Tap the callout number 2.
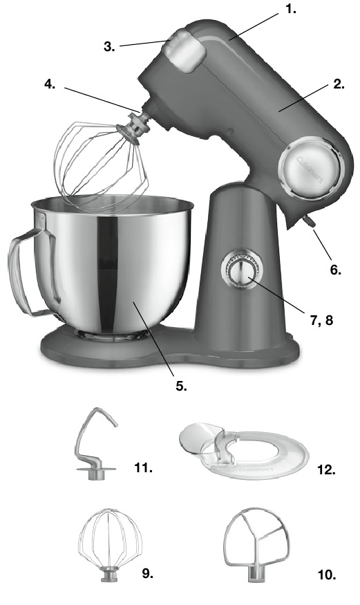(338, 84)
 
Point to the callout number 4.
(50, 84)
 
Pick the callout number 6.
(335, 270)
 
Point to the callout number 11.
(143, 468)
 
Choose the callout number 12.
(327, 469)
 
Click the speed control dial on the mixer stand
(239, 270)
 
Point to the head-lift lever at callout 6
(307, 221)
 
